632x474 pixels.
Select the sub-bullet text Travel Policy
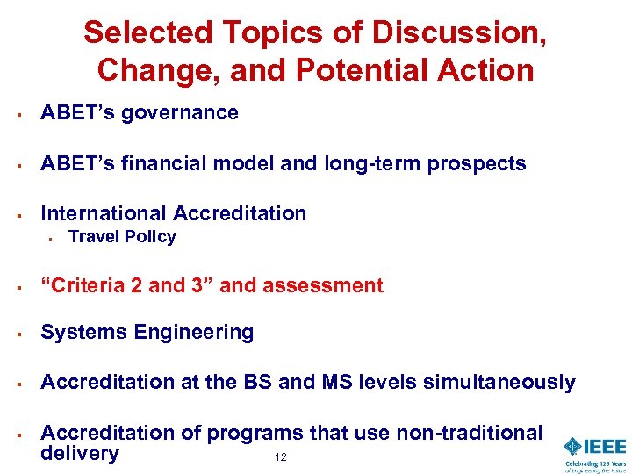click(x=122, y=237)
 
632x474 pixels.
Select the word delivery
click(x=79, y=454)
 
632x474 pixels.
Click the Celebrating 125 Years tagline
click(x=595, y=466)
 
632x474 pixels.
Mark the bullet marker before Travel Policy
click(x=53, y=237)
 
